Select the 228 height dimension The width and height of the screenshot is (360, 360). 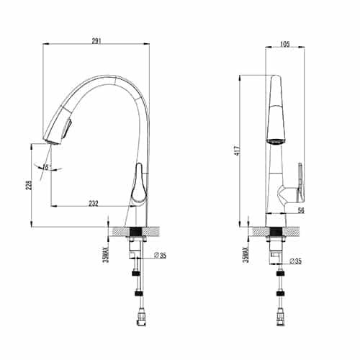(x=27, y=185)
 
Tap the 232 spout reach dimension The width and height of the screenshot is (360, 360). (x=93, y=204)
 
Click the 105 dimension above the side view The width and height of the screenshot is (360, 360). (x=285, y=43)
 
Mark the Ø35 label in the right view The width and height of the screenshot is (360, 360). (x=294, y=261)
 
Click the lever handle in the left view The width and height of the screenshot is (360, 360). (x=139, y=184)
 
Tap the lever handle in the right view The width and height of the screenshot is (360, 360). (x=297, y=184)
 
